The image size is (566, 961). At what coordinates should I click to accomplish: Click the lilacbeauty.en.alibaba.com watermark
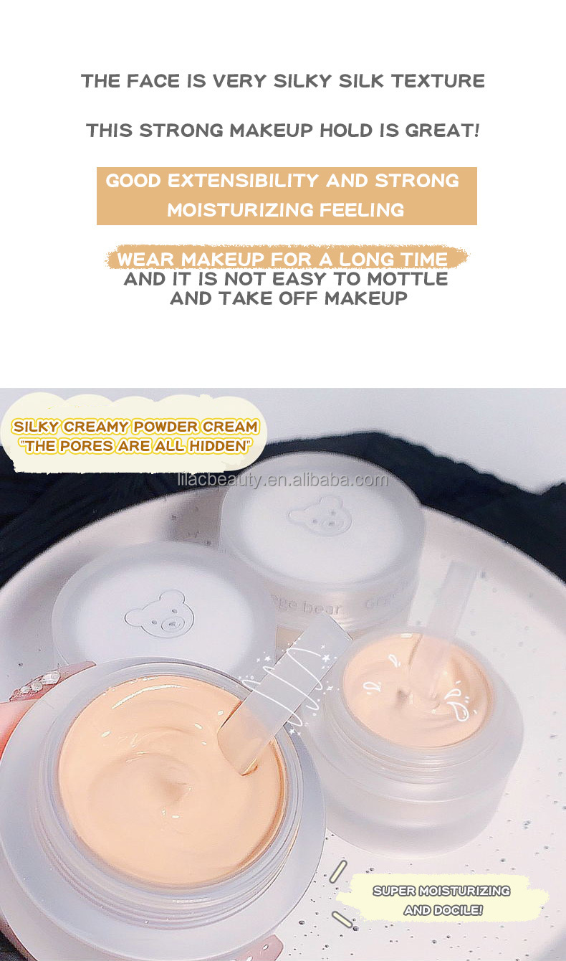282,480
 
